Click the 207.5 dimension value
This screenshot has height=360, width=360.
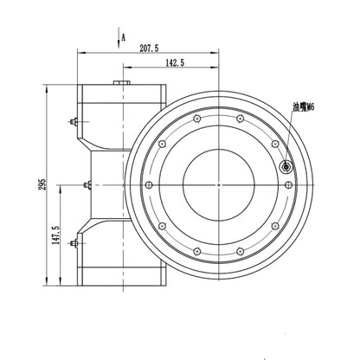click(149, 48)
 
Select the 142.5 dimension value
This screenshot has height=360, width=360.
click(175, 62)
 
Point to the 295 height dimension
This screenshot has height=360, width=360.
click(42, 184)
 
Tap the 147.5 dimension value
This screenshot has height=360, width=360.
click(55, 235)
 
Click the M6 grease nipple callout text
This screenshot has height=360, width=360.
click(304, 107)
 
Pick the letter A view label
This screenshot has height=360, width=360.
click(123, 37)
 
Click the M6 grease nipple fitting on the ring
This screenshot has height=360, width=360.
click(286, 166)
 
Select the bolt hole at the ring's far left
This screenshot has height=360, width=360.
click(149, 184)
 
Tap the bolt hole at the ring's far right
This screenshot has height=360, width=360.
click(288, 184)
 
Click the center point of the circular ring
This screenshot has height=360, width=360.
click(219, 184)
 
